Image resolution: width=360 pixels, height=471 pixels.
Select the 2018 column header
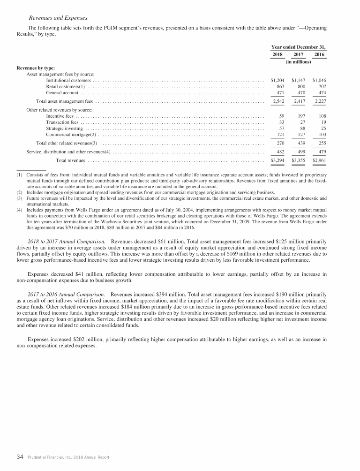[278, 54]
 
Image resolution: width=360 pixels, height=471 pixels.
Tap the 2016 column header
[319, 54]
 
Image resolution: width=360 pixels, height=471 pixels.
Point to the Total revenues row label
[70, 161]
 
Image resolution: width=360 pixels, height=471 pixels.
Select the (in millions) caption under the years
[299, 61]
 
